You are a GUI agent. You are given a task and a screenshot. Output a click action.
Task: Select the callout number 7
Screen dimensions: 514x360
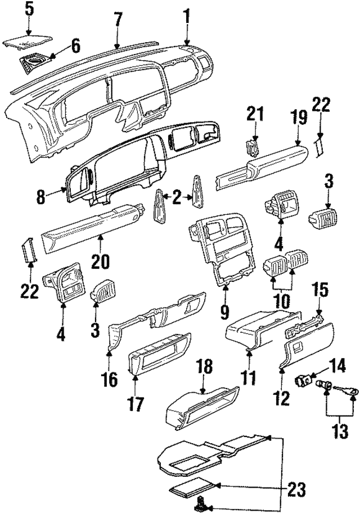[x=117, y=19]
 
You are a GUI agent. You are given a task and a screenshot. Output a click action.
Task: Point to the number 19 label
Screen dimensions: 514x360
[x=299, y=118]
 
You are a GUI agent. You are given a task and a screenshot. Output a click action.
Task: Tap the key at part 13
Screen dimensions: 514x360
[x=343, y=389]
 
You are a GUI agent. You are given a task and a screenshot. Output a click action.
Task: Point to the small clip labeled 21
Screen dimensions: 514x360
[x=253, y=148]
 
